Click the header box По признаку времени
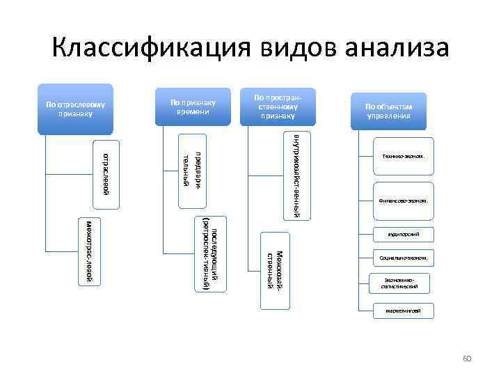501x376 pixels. tap(193, 108)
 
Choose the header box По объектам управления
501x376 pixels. tap(388, 111)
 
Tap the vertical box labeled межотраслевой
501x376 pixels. tap(89, 252)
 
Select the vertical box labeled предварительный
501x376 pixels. tap(191, 169)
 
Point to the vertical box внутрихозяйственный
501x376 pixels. tap(296, 174)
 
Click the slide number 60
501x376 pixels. tap(467, 358)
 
